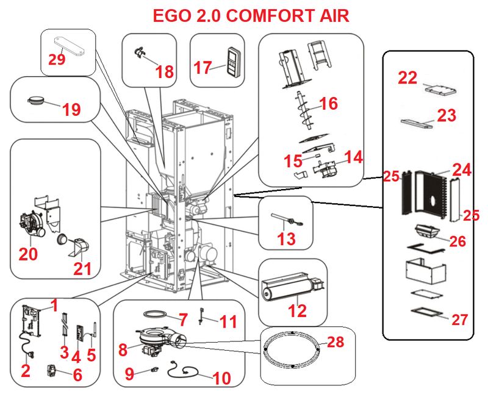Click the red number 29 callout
click(57, 59)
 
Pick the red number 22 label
click(408, 77)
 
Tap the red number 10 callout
click(222, 377)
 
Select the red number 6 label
click(77, 375)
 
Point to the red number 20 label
click(28, 254)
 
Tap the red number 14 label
click(353, 157)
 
